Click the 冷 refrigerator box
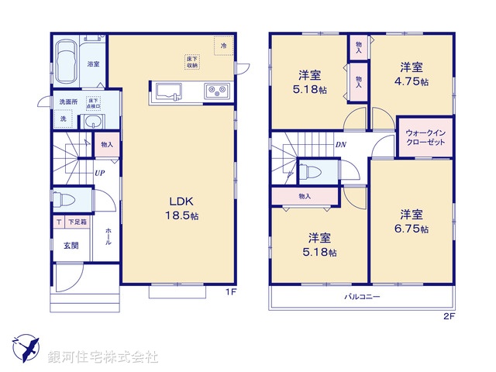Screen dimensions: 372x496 (223, 46)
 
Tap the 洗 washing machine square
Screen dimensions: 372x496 (64, 119)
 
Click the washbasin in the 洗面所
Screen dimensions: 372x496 (94, 122)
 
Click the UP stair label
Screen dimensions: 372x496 (101, 173)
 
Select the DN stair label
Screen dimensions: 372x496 (340, 145)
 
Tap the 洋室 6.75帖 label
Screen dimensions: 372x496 (411, 222)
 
